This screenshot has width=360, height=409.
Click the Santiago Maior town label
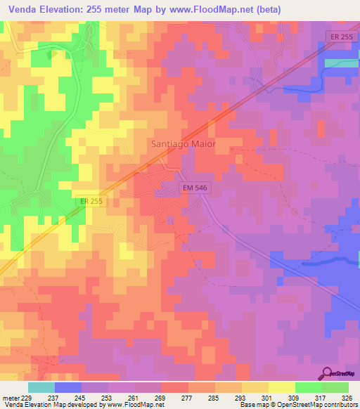(x=183, y=143)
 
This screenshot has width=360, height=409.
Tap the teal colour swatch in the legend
(x=41, y=387)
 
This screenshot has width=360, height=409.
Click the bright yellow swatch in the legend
(x=282, y=387)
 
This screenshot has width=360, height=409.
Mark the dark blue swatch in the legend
(x=68, y=387)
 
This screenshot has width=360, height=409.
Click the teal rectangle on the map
(x=342, y=63)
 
